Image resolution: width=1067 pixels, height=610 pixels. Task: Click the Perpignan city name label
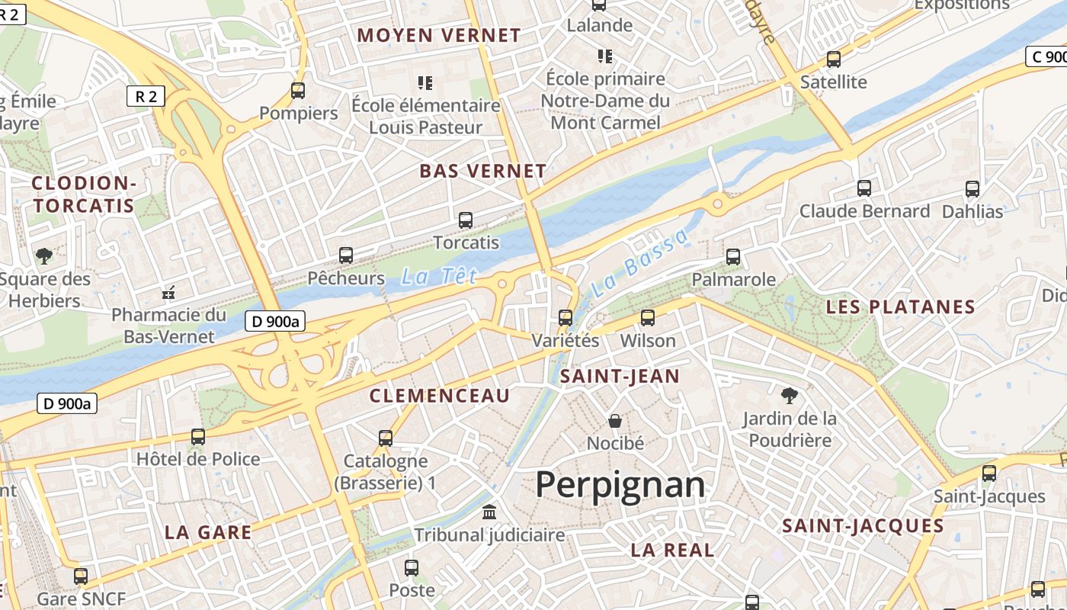tap(620, 485)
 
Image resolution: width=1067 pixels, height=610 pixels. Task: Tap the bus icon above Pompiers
tap(298, 91)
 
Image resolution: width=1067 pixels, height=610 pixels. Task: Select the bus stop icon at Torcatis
tap(466, 220)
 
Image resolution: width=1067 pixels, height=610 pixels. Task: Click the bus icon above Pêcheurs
tap(346, 255)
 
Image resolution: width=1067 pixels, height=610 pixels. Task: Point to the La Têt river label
tap(439, 276)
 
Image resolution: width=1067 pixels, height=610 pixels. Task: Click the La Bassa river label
tap(639, 263)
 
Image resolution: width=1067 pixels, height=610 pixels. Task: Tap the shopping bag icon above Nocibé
tap(615, 420)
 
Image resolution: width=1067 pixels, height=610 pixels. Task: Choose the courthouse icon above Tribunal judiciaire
tap(489, 511)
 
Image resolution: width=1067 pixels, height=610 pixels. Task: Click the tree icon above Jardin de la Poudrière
tap(790, 395)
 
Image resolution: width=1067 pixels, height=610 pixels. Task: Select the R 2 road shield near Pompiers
tap(146, 96)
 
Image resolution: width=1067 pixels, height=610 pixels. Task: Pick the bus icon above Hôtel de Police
tap(198, 437)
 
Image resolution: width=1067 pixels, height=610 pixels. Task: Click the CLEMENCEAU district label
tap(439, 396)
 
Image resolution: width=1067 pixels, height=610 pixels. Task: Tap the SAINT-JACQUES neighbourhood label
tap(863, 525)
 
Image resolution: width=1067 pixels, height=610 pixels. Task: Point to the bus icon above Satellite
tap(834, 59)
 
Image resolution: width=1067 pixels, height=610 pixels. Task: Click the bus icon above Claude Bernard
tap(864, 188)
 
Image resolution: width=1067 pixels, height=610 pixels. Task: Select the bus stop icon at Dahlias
tap(972, 189)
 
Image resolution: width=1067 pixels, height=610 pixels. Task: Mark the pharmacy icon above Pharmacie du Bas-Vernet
tap(169, 292)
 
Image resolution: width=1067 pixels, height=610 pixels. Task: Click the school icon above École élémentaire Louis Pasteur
tap(425, 82)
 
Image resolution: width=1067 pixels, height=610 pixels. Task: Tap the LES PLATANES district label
tap(901, 307)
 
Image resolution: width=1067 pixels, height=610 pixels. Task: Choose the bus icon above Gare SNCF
tap(81, 576)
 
